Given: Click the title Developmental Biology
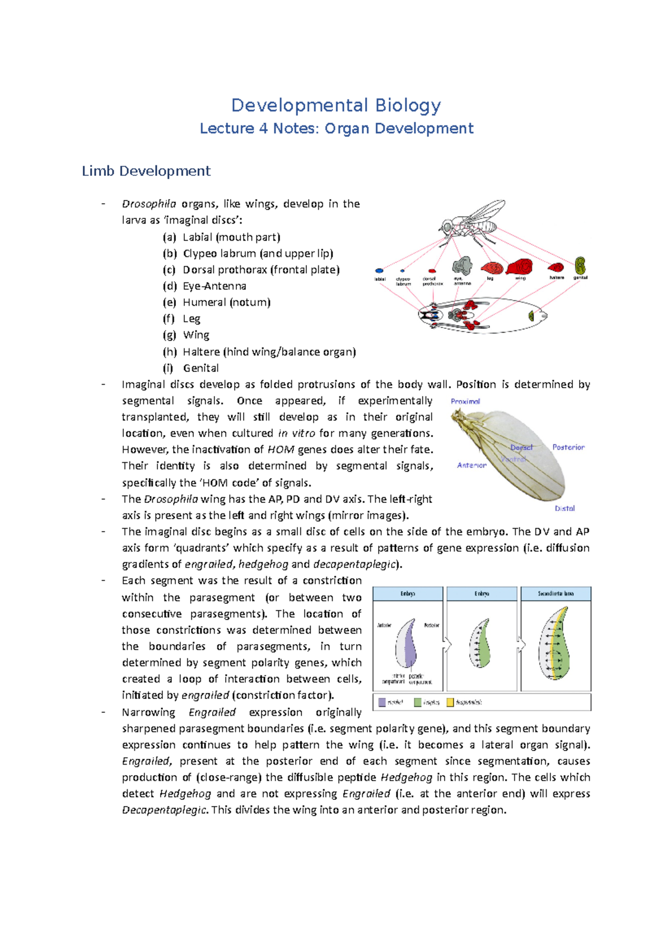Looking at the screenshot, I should pyautogui.click(x=336, y=105).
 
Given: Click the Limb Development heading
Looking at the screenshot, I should pyautogui.click(x=146, y=171).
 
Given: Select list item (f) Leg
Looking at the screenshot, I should pyautogui.click(x=191, y=319).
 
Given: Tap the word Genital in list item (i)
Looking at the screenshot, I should pyautogui.click(x=200, y=368).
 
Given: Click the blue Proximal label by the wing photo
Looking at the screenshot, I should pyautogui.click(x=465, y=401).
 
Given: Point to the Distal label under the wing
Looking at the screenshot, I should pyautogui.click(x=564, y=508).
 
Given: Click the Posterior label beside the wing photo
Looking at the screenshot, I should pyautogui.click(x=568, y=447).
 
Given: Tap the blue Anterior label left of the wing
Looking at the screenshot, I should pyautogui.click(x=472, y=465).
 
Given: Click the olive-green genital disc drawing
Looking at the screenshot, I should pyautogui.click(x=580, y=265).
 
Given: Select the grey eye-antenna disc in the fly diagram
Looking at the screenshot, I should pyautogui.click(x=463, y=265).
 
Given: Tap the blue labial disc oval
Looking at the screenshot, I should pyautogui.click(x=379, y=271).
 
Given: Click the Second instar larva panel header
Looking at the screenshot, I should pyautogui.click(x=556, y=593).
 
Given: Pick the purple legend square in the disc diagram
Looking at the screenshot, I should pyautogui.click(x=382, y=702).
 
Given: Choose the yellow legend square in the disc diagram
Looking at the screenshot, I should pyautogui.click(x=450, y=702).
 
